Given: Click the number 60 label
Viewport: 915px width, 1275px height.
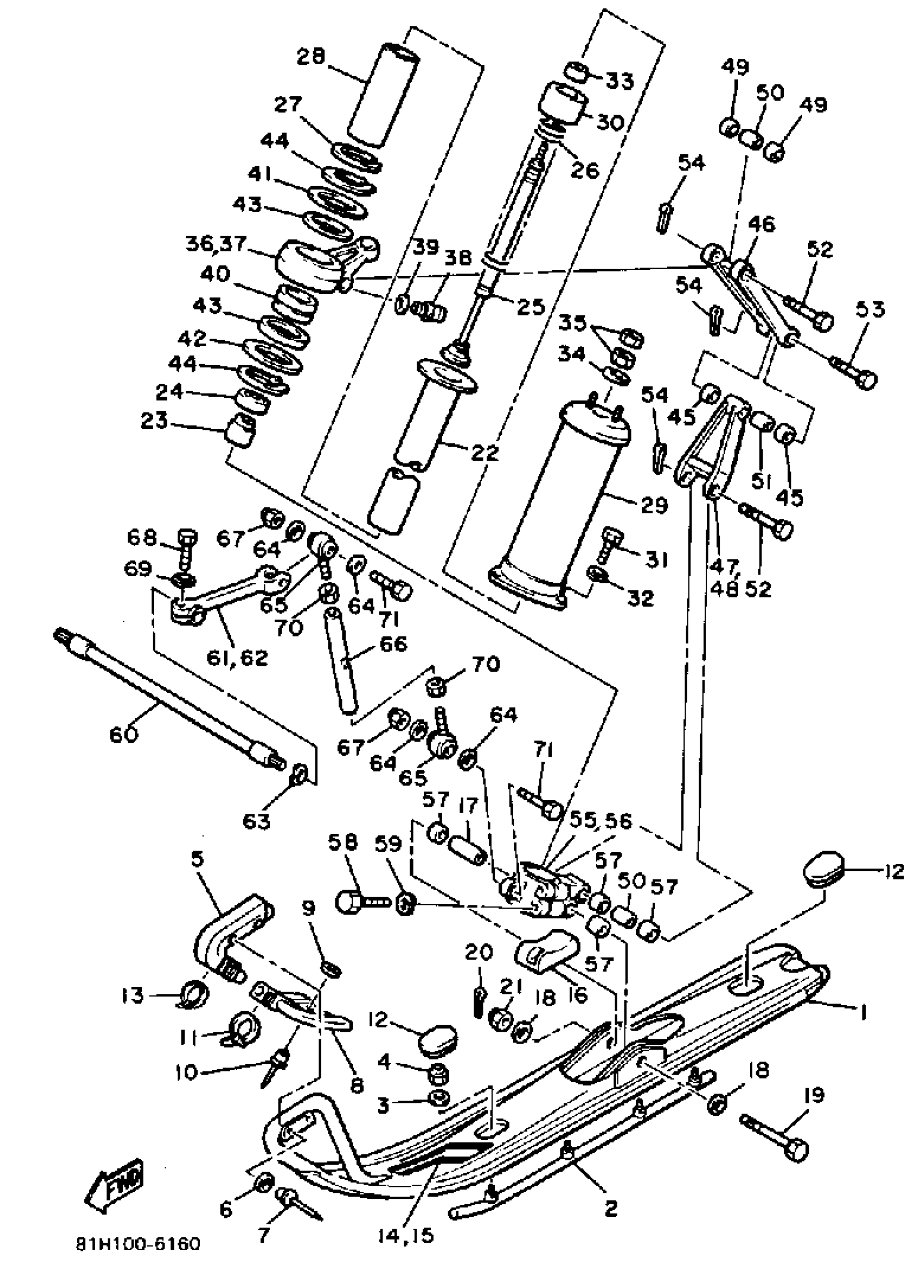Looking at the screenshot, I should (x=124, y=734).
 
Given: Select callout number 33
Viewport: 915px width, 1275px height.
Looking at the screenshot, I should (x=620, y=80).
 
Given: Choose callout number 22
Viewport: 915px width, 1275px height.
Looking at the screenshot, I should (x=485, y=452).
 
